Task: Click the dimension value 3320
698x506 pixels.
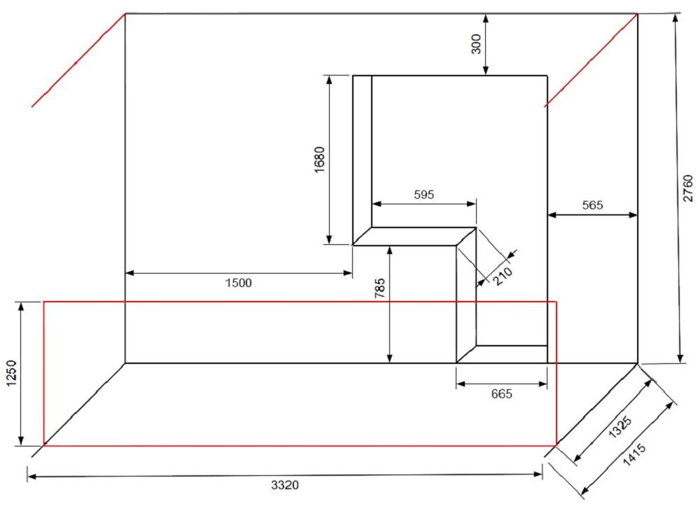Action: point(285,484)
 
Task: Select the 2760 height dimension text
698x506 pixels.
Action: point(687,188)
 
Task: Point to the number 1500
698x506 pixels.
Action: point(238,283)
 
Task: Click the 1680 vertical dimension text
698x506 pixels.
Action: point(320,160)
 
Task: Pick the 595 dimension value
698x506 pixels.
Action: point(424,195)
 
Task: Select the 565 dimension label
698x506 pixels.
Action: point(592,205)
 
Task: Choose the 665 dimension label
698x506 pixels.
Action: point(501,394)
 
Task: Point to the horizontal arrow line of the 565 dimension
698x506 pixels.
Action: point(592,215)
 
